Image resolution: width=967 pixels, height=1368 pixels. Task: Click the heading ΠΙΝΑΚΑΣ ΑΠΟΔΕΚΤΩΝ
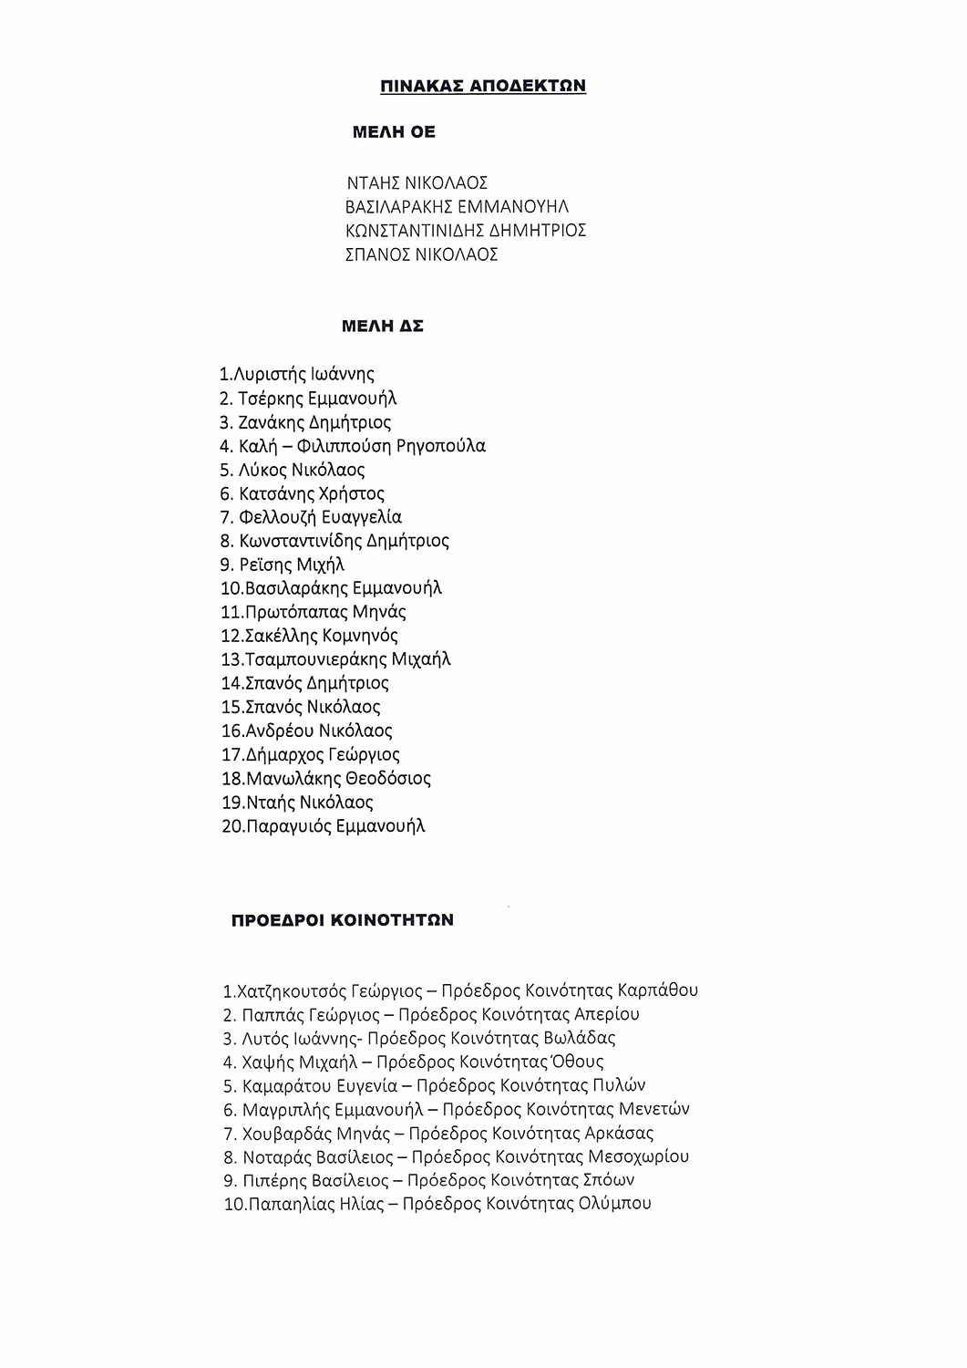(482, 87)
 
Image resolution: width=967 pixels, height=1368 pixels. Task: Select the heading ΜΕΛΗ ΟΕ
(394, 133)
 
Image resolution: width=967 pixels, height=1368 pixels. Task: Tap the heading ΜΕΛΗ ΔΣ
(382, 326)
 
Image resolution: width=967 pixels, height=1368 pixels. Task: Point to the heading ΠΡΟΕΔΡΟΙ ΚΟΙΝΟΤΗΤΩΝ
(342, 920)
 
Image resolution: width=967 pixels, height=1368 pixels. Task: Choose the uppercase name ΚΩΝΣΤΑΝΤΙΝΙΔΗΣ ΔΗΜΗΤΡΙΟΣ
(466, 231)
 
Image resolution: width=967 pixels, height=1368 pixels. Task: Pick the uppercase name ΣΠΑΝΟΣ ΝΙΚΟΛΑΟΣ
(422, 254)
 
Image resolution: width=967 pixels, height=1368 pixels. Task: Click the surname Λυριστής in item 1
(270, 375)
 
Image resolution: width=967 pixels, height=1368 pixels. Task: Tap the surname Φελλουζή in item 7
(273, 517)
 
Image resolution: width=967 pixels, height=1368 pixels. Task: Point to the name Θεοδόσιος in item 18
(388, 779)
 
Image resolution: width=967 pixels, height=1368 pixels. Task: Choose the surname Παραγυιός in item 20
(288, 827)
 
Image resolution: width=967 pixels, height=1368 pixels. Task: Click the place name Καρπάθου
(657, 990)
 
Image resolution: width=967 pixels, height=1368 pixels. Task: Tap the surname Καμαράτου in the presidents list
(283, 1086)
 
